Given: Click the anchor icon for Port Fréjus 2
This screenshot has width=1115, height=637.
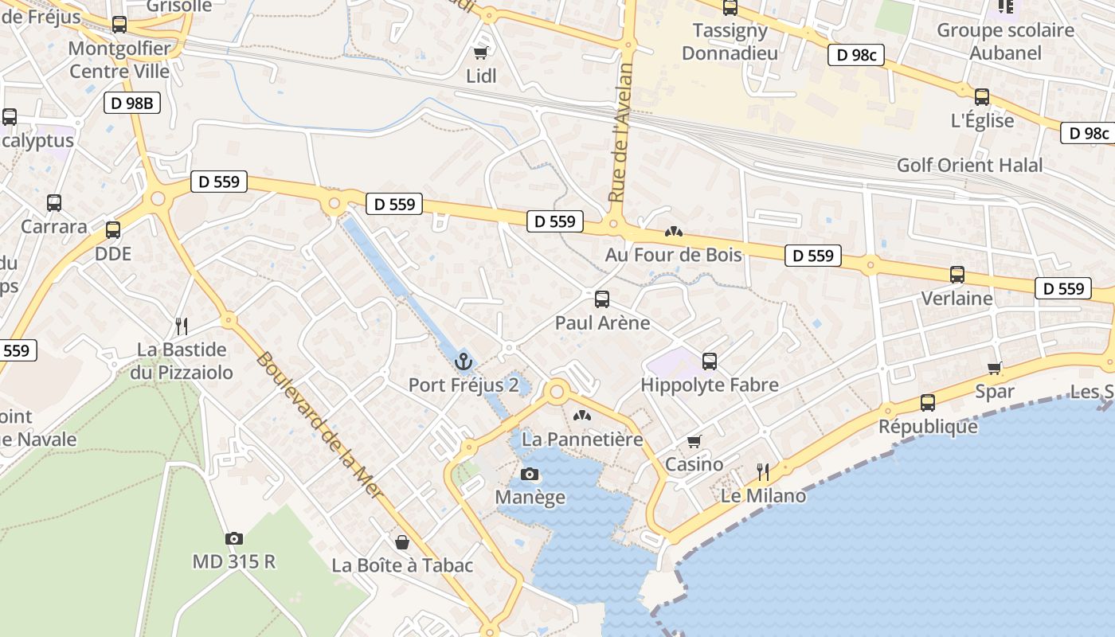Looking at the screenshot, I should [464, 362].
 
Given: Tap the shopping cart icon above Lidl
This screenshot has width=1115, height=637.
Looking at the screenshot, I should [480, 53].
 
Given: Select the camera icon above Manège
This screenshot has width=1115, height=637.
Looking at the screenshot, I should [530, 475].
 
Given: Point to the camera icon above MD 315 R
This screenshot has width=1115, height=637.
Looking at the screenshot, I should [233, 539].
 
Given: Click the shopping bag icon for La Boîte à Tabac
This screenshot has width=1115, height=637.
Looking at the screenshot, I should [403, 543].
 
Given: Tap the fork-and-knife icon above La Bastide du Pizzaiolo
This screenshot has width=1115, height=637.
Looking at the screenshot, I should [182, 326].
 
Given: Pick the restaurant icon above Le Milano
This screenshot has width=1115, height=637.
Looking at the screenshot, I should [763, 472].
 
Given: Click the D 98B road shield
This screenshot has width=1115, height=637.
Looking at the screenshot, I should [132, 102].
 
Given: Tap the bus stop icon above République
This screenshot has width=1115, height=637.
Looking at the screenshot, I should [928, 403].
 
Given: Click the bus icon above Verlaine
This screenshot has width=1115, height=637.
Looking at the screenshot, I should [957, 275].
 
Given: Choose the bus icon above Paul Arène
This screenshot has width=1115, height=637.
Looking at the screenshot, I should [602, 299].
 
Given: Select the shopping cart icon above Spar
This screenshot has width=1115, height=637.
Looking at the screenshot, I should [995, 368].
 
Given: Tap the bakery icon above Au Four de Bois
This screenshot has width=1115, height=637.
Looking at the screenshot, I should [674, 232].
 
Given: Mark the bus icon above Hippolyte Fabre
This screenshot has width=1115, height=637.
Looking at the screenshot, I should [710, 361].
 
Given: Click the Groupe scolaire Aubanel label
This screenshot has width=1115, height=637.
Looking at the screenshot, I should [1005, 41].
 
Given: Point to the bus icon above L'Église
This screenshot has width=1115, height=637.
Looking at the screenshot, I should [982, 97].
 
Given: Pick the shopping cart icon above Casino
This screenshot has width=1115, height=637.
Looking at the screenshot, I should [694, 441].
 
